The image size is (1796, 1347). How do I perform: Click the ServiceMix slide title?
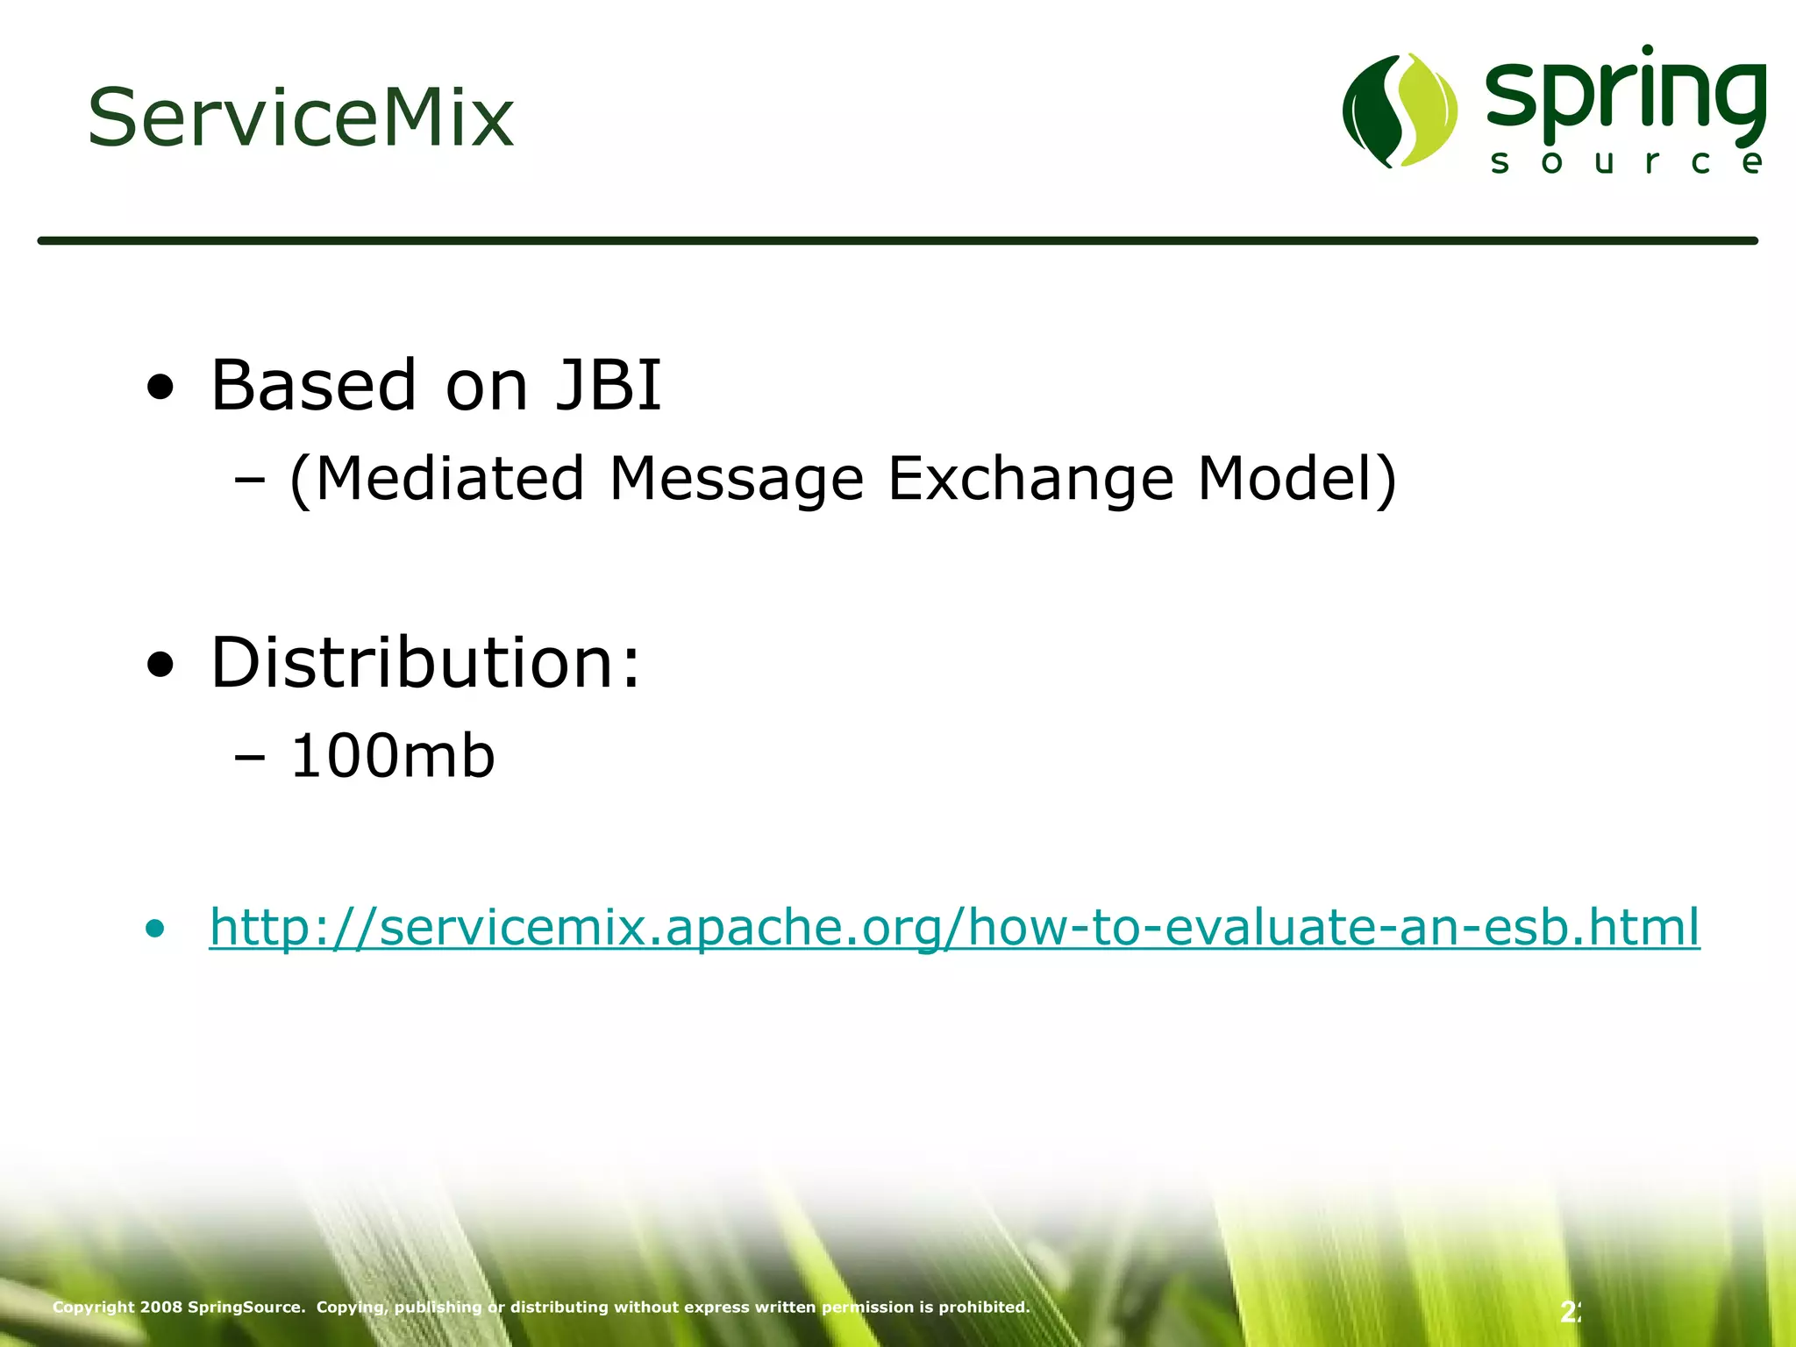(300, 118)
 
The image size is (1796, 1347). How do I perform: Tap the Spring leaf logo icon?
(1400, 110)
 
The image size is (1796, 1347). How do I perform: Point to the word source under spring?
(1627, 162)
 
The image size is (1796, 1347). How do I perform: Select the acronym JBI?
(609, 385)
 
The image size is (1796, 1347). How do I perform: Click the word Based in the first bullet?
(313, 385)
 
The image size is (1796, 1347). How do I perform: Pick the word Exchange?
(1030, 479)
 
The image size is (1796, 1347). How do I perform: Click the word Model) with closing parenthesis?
(1297, 479)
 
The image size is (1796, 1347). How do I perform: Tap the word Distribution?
(426, 662)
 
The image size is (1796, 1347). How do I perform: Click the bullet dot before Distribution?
(160, 665)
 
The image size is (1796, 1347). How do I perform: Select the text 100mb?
(392, 756)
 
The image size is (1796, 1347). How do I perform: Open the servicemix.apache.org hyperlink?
(954, 927)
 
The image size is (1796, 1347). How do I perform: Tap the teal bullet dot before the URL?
(155, 929)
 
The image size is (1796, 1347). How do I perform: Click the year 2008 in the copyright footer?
(161, 1307)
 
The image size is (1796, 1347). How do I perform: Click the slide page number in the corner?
(1570, 1312)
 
